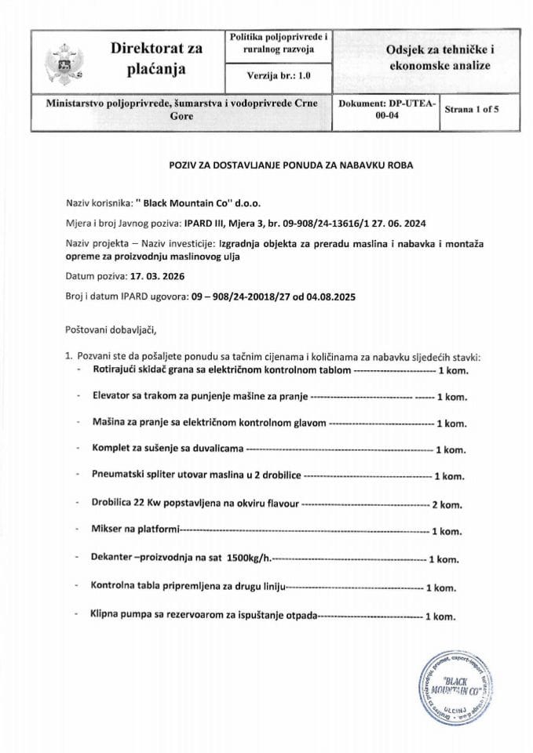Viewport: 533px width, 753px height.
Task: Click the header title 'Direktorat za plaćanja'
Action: [156, 59]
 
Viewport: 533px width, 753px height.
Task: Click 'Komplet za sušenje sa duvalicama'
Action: [168, 449]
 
